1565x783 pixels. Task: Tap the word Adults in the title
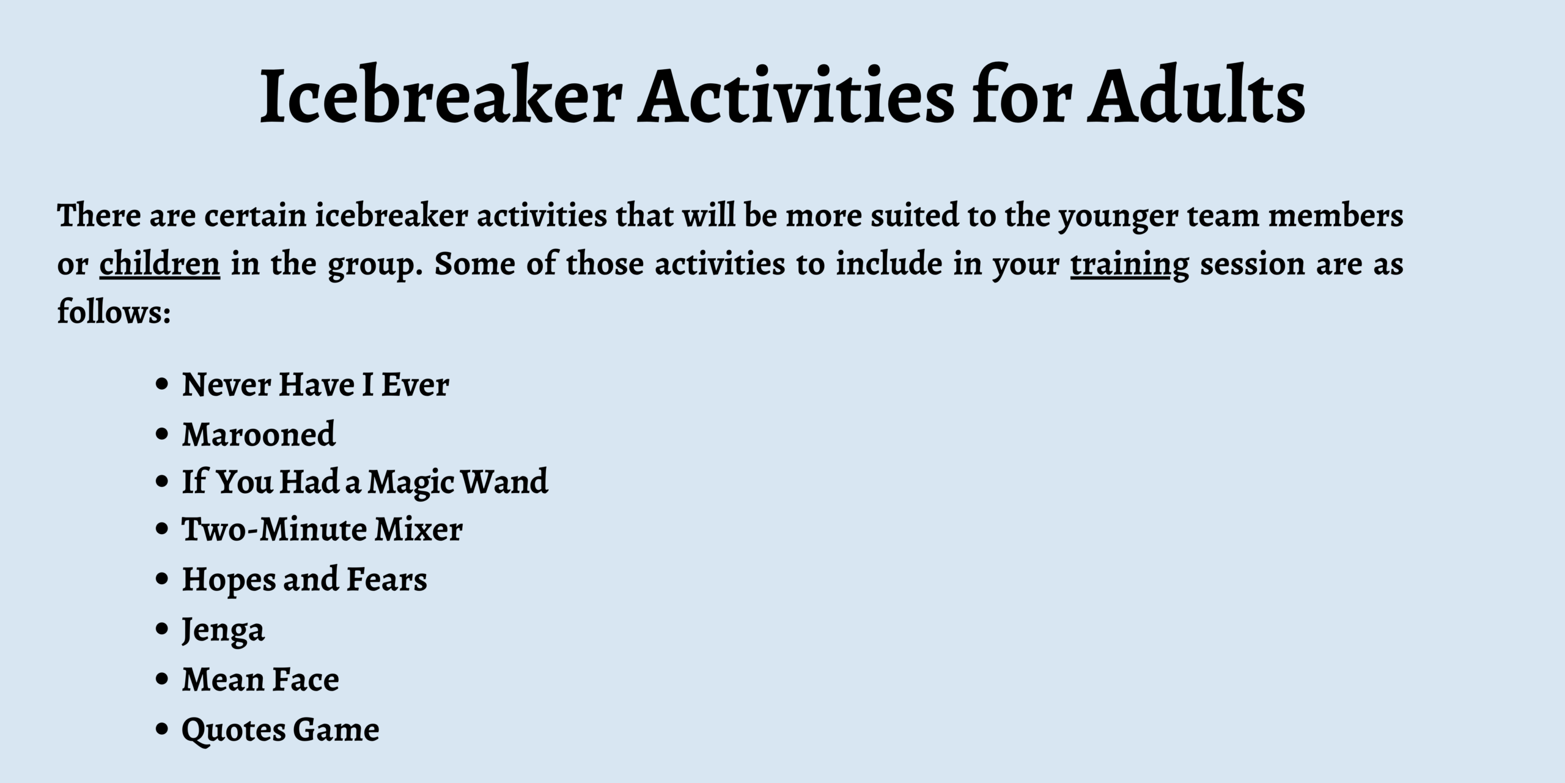pyautogui.click(x=1196, y=95)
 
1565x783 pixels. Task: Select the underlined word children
pyautogui.click(x=160, y=263)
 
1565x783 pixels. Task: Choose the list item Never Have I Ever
pyautogui.click(x=315, y=384)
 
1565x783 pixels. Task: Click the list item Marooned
pyautogui.click(x=259, y=434)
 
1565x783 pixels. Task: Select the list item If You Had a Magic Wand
pyautogui.click(x=365, y=482)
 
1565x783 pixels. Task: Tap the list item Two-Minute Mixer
pyautogui.click(x=322, y=529)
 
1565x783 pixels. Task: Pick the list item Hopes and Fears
pyautogui.click(x=304, y=580)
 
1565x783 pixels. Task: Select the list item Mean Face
pyautogui.click(x=260, y=679)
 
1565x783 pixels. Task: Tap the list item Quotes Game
pyautogui.click(x=281, y=730)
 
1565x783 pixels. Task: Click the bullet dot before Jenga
pyautogui.click(x=162, y=629)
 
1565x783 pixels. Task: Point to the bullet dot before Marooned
pyautogui.click(x=162, y=434)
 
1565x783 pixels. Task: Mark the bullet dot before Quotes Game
pyautogui.click(x=162, y=729)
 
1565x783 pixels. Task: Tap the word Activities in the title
pyautogui.click(x=795, y=95)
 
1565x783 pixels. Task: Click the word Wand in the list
pyautogui.click(x=504, y=481)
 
